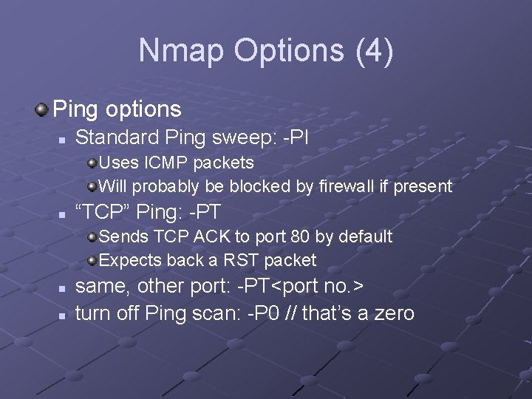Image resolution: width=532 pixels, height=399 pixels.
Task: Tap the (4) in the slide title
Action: coord(374,51)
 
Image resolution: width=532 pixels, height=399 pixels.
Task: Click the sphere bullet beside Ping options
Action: coord(41,110)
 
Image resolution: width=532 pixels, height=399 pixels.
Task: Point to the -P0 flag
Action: coord(263,313)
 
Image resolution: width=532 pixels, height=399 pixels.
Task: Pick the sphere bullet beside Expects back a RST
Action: coord(92,261)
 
